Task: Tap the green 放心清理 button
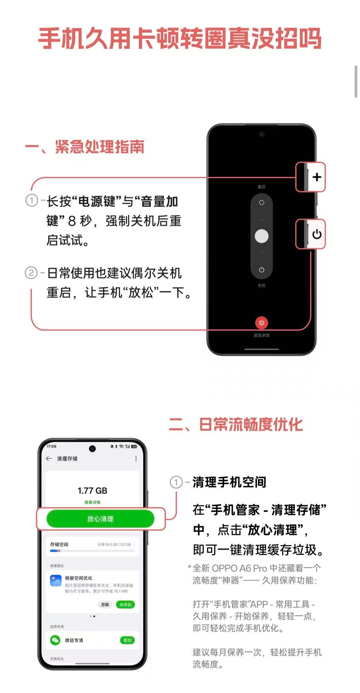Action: pyautogui.click(x=100, y=519)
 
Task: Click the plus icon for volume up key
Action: pyautogui.click(x=317, y=177)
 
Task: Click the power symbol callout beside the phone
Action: pyautogui.click(x=317, y=234)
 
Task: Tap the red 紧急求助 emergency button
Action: pyautogui.click(x=261, y=323)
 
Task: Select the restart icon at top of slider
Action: pyautogui.click(x=261, y=203)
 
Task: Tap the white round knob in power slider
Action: pyautogui.click(x=261, y=236)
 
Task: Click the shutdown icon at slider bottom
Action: pyautogui.click(x=261, y=270)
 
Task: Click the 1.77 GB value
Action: pyautogui.click(x=92, y=491)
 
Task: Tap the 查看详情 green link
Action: pyautogui.click(x=92, y=502)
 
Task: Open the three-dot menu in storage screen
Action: pyautogui.click(x=136, y=458)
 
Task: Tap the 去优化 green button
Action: pyautogui.click(x=125, y=605)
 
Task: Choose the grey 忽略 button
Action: pyautogui.click(x=105, y=605)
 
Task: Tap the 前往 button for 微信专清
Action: pyautogui.click(x=127, y=640)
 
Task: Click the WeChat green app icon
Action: pyautogui.click(x=55, y=640)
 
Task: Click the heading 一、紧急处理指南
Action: pyautogui.click(x=85, y=147)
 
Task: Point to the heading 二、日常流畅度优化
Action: pyautogui.click(x=236, y=424)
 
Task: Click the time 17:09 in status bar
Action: pyautogui.click(x=51, y=446)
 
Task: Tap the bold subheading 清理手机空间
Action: pyautogui.click(x=229, y=482)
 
